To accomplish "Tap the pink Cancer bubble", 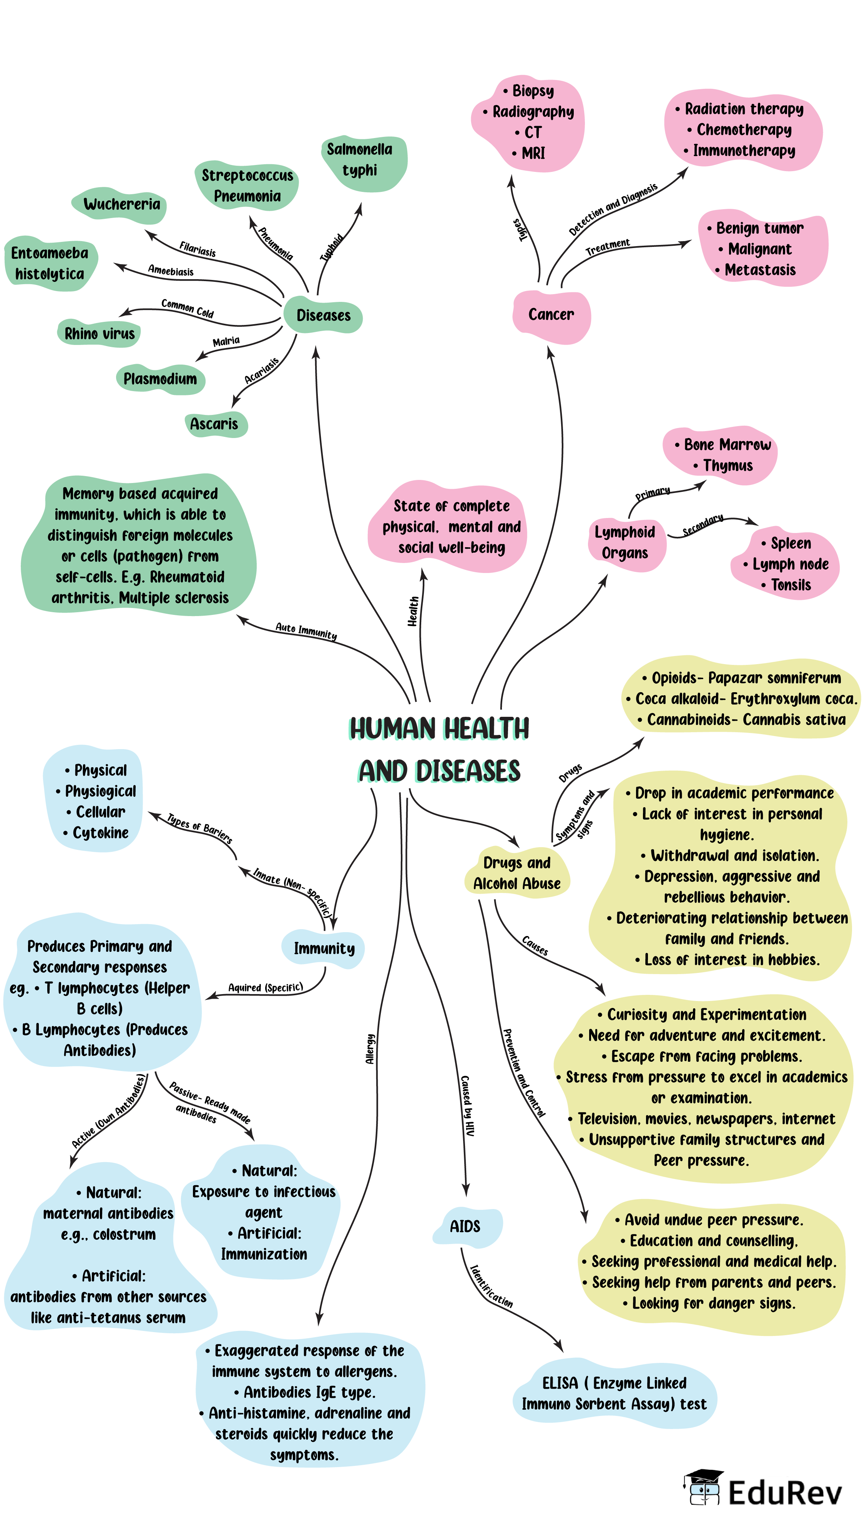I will click(x=551, y=315).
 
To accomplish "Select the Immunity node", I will click(x=324, y=948).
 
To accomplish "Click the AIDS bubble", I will click(x=465, y=1226).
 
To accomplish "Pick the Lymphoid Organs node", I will click(x=625, y=543).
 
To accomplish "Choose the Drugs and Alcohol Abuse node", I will click(x=517, y=873).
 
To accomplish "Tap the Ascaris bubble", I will click(x=214, y=424).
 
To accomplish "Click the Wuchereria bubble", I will click(x=121, y=204).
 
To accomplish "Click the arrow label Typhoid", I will click(x=332, y=247).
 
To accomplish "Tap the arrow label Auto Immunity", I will click(x=306, y=631).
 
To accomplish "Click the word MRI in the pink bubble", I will click(x=533, y=153).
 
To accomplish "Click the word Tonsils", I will click(x=791, y=585).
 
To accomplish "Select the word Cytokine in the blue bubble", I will click(x=101, y=833).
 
